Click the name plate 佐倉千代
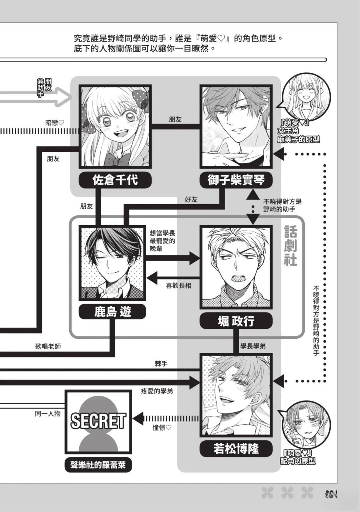click(115, 180)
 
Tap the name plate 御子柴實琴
click(236, 180)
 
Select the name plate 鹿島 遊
click(112, 312)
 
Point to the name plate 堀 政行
click(236, 321)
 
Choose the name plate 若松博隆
click(236, 449)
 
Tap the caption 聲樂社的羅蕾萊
click(98, 465)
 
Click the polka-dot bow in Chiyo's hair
click(141, 98)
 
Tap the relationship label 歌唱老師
click(48, 347)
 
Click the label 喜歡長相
click(179, 285)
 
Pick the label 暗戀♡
click(55, 122)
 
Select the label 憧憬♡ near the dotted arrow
click(162, 428)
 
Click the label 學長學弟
click(253, 346)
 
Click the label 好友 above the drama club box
click(191, 199)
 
